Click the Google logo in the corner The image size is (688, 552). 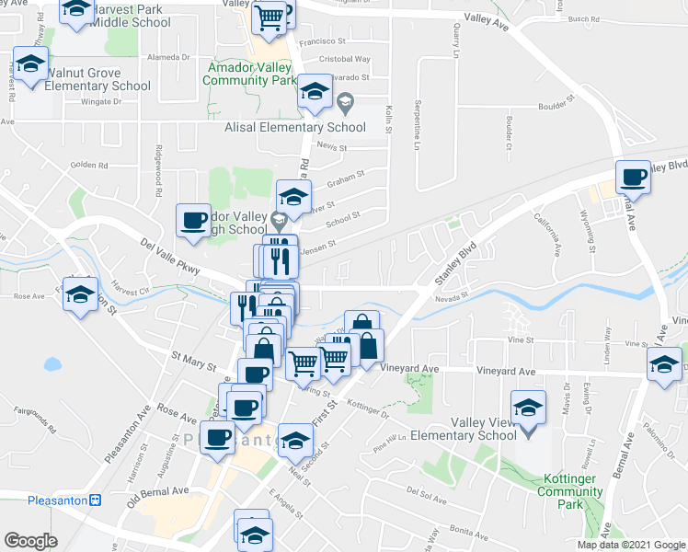[30, 540]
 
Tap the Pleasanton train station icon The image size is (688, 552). [94, 500]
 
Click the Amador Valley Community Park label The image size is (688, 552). [248, 75]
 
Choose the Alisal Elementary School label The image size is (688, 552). [295, 128]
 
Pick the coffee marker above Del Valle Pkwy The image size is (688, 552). [193, 220]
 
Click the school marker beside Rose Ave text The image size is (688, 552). [81, 294]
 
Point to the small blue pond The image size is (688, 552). [52, 364]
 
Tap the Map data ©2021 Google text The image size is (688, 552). [630, 545]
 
